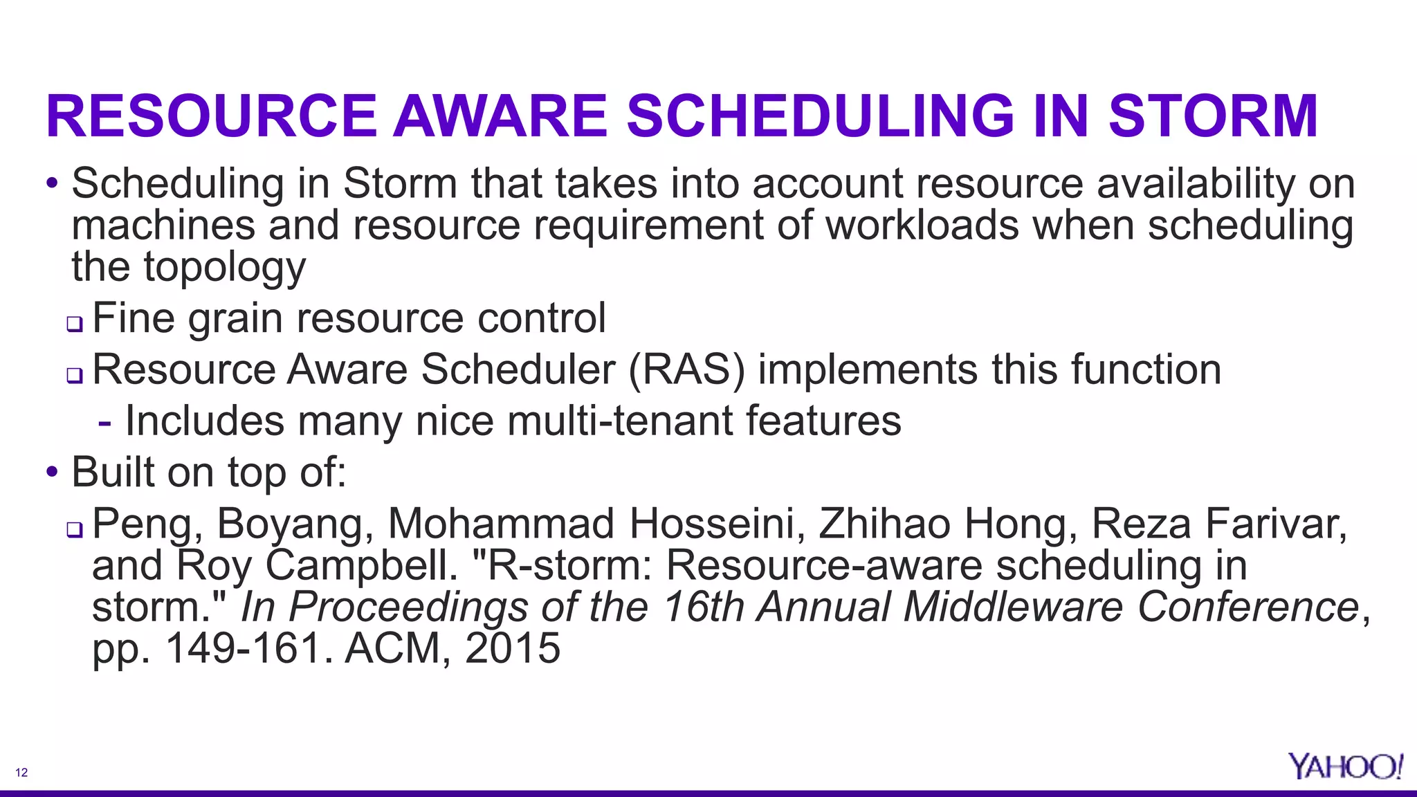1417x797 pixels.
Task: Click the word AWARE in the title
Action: click(500, 116)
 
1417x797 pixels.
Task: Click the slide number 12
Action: click(21, 773)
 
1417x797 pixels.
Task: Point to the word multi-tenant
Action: click(619, 421)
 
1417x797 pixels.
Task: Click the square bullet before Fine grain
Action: click(75, 323)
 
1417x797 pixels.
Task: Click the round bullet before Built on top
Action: click(53, 473)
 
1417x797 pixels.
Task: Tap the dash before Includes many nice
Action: click(104, 421)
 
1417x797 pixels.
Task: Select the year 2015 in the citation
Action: click(513, 648)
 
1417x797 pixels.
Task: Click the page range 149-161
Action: click(244, 648)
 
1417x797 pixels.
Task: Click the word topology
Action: click(224, 268)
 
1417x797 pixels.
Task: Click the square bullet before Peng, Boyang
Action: click(75, 530)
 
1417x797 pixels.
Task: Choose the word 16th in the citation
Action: click(703, 607)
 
